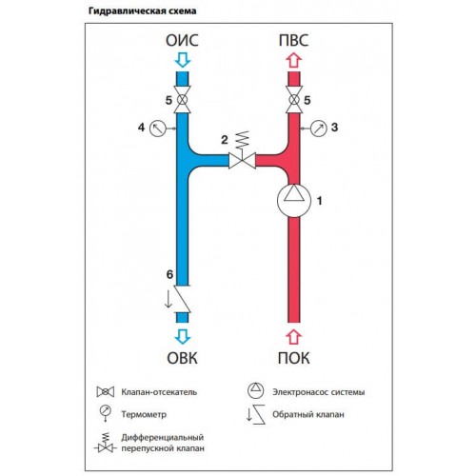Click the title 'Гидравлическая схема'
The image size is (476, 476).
[x=143, y=11]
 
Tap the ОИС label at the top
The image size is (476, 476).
[x=182, y=41]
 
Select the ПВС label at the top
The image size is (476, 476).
[x=293, y=41]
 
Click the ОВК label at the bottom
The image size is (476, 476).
[x=182, y=358]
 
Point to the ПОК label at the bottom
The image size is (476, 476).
[x=294, y=358]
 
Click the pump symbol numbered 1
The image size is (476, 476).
[x=293, y=200]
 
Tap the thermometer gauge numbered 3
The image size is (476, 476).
[x=318, y=129]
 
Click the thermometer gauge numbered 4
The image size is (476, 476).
[x=158, y=129]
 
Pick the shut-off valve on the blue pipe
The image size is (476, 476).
[x=182, y=100]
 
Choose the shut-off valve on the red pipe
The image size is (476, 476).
[x=294, y=100]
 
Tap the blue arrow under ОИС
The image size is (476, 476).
[x=183, y=60]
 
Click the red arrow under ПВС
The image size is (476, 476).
[x=294, y=60]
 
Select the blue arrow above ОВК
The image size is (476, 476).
[x=183, y=337]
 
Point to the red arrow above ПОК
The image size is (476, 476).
[x=294, y=337]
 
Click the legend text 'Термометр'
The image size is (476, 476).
[x=144, y=414]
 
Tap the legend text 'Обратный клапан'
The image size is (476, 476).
[x=308, y=414]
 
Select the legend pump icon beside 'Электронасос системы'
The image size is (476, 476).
[x=255, y=390]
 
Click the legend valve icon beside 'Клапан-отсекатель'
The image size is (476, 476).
[x=106, y=392]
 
